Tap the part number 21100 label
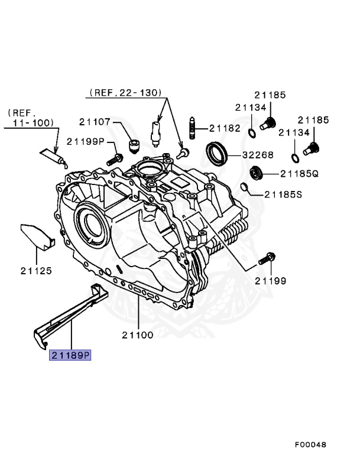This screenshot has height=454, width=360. [138, 335]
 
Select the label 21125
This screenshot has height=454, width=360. [36, 271]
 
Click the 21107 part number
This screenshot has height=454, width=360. [95, 122]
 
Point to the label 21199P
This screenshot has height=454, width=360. [85, 141]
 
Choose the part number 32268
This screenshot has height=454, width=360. [257, 155]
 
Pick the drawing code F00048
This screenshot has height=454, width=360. [310, 444]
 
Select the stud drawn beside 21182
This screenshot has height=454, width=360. [192, 128]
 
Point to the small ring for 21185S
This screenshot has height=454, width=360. [244, 188]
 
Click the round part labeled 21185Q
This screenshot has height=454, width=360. [256, 173]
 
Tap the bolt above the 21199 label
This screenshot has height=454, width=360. [267, 258]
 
